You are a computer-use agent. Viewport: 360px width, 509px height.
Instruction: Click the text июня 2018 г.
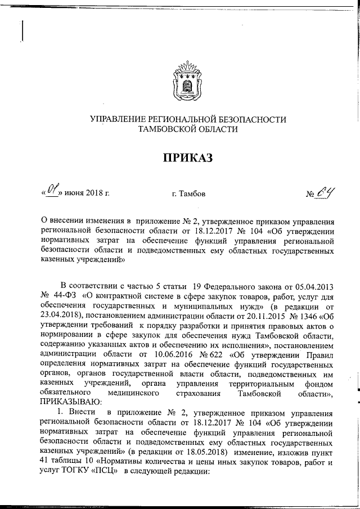(87, 195)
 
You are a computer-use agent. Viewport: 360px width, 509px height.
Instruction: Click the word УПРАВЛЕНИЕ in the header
(120, 120)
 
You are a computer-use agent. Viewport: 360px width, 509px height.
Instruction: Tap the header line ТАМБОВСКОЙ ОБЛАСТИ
(188, 129)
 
